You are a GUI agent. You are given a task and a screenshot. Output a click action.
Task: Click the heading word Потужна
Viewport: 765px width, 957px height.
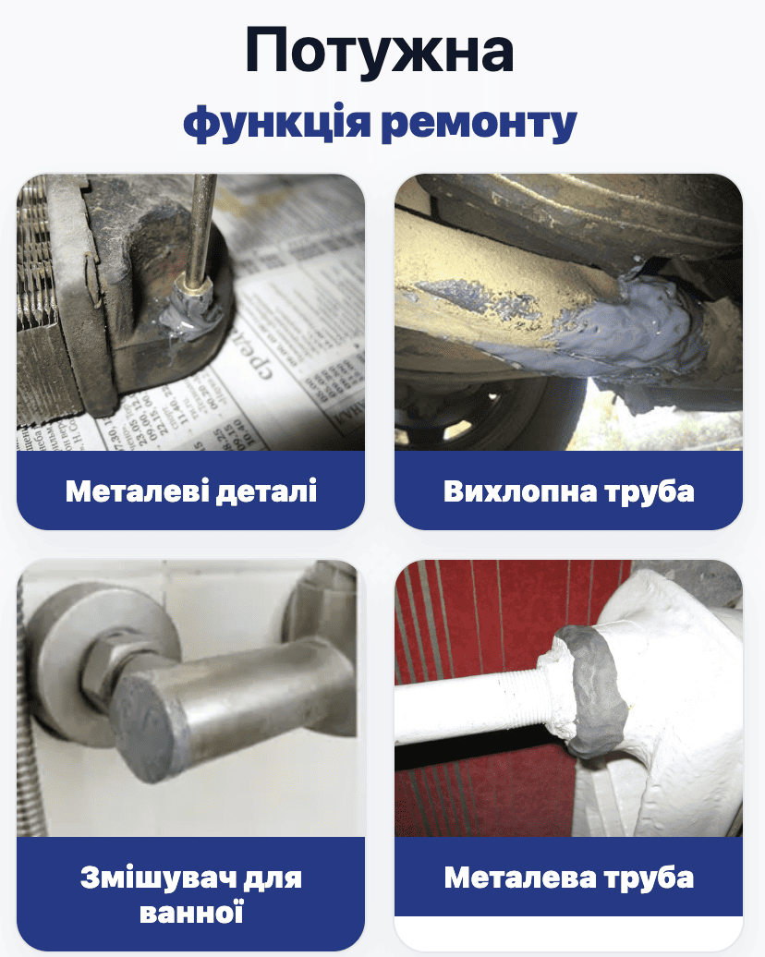[x=379, y=52]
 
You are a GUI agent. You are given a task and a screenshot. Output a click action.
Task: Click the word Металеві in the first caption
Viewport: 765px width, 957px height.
[x=136, y=491]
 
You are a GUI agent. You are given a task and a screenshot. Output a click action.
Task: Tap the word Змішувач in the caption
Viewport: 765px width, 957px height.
[x=156, y=878]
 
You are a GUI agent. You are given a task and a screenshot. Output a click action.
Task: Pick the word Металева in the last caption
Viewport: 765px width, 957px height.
[x=519, y=878]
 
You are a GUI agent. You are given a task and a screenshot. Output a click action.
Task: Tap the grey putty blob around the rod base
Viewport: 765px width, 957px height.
[x=191, y=309]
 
